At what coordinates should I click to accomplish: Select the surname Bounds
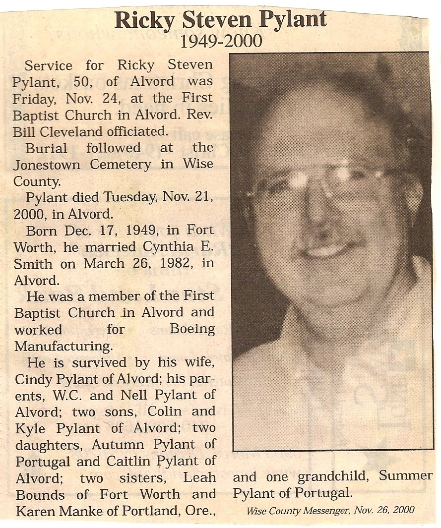pos(40,494)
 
